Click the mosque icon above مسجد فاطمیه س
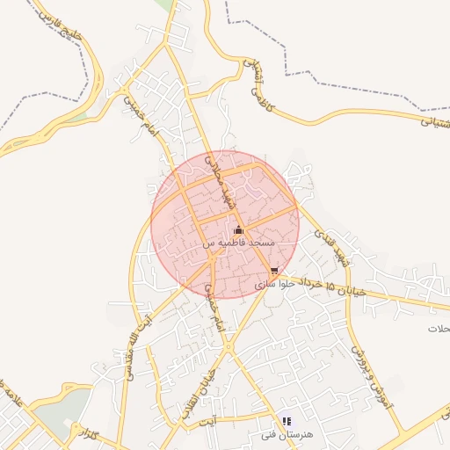coord(238,230)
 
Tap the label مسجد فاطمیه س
coord(239,242)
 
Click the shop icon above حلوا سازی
coord(274,272)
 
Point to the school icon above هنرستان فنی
coord(287,422)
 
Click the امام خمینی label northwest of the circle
coord(143,114)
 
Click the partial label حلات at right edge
coord(439,328)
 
